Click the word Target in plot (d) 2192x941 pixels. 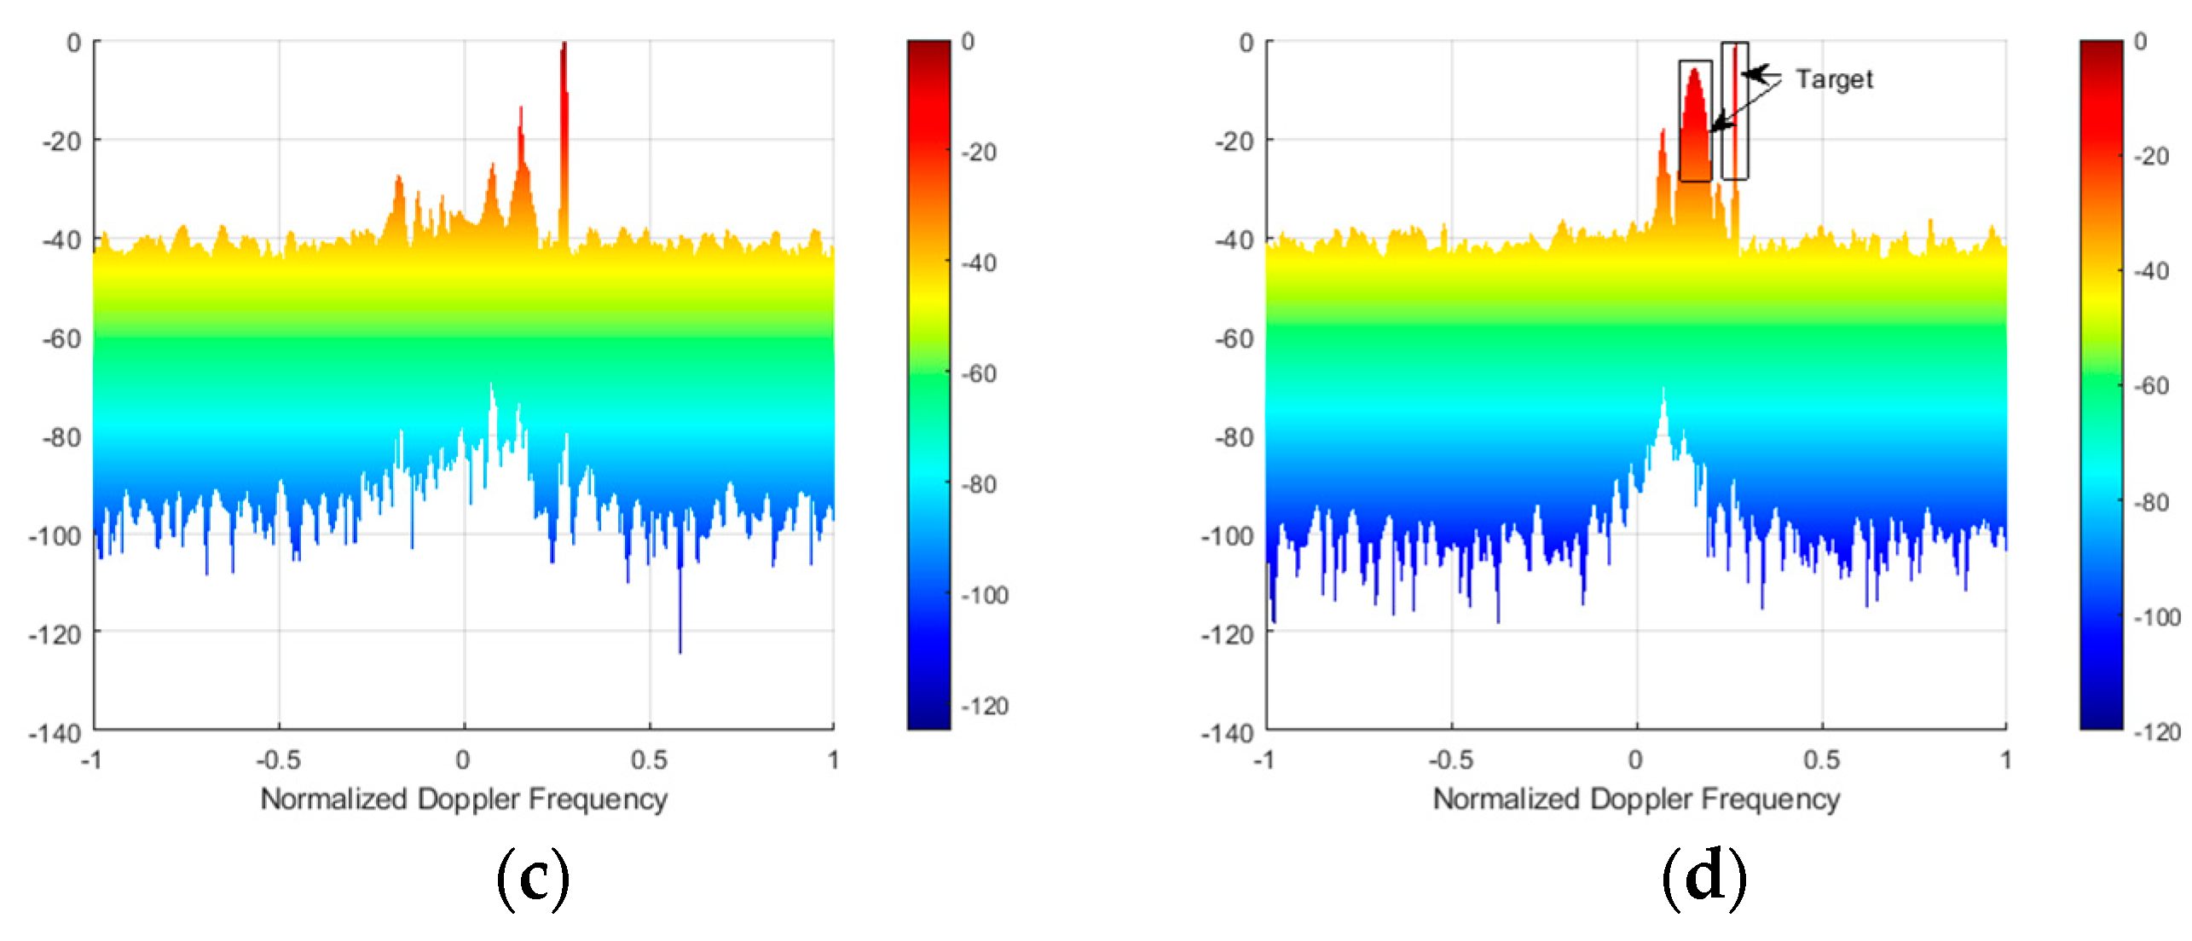(x=1834, y=79)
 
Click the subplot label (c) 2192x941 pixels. (x=533, y=878)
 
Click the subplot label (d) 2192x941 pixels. (x=1704, y=878)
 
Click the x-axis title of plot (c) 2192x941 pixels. (x=464, y=800)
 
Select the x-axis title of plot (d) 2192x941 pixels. (x=1636, y=800)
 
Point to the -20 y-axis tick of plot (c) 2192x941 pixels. (x=61, y=141)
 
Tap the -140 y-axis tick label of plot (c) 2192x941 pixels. (x=55, y=733)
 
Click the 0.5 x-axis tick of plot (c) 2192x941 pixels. (x=649, y=759)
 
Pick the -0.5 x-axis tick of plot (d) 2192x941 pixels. (x=1451, y=759)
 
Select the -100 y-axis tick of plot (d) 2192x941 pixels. (x=1228, y=536)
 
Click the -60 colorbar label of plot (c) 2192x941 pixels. (x=980, y=373)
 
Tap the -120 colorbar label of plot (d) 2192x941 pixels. (x=2157, y=732)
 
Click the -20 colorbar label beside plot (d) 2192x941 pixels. (x=2152, y=156)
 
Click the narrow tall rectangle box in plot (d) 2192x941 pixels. (x=1734, y=111)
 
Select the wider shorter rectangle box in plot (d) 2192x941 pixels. (x=1695, y=121)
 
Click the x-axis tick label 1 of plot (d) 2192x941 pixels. (x=2006, y=759)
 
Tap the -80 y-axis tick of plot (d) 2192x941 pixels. (x=1234, y=437)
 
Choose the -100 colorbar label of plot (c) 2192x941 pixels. (x=985, y=595)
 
